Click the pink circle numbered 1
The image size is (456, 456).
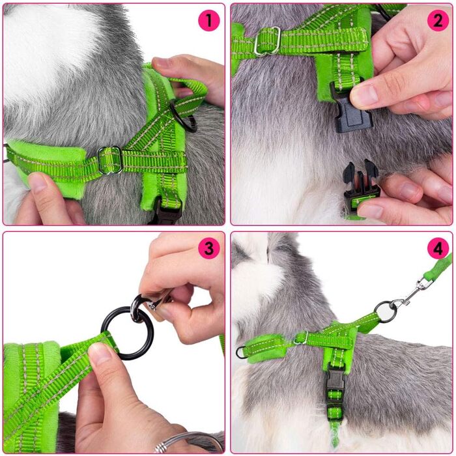coord(208,20)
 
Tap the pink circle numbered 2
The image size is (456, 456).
coord(438,20)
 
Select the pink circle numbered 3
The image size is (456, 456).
coord(208,249)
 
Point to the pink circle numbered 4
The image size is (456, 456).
coord(438,248)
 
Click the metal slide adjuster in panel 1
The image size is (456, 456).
coord(110,160)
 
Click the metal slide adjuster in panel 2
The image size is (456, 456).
coord(268,40)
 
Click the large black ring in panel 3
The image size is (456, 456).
coord(127,333)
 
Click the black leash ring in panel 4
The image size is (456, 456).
coord(385,312)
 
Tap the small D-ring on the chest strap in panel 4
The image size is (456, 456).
coord(240,352)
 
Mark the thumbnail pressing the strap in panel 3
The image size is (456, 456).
coord(100,353)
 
